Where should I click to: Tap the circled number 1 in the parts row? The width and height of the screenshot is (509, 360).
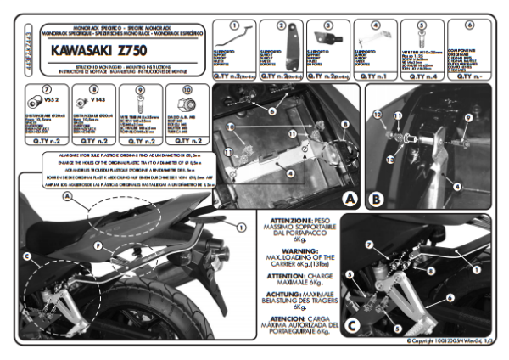[233, 25]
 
